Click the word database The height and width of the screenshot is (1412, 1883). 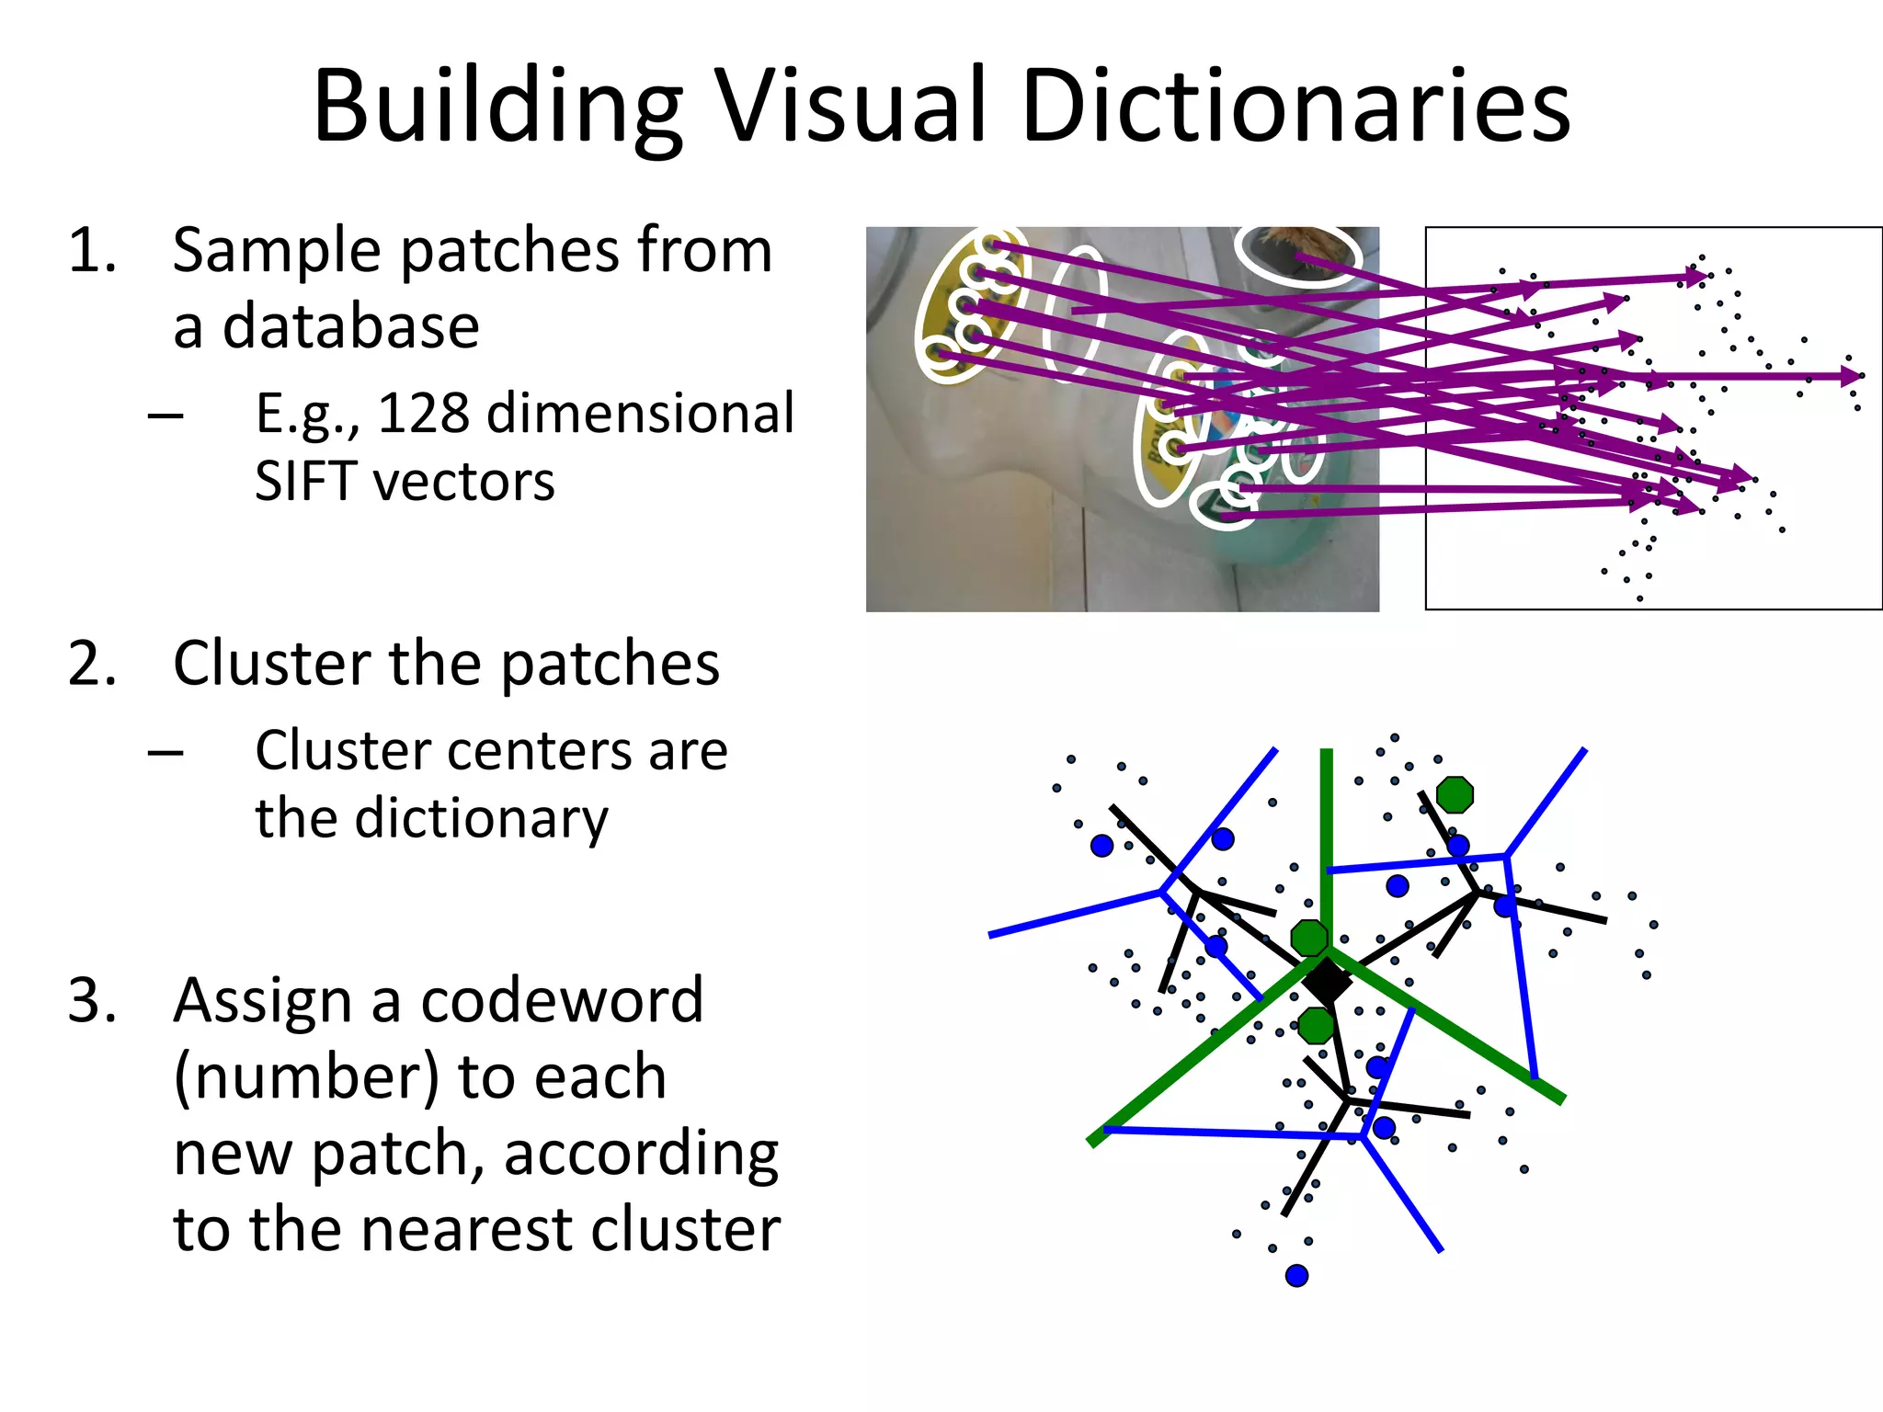[x=349, y=327]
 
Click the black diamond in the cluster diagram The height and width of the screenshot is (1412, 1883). [x=1327, y=981]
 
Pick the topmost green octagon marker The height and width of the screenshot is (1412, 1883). [x=1455, y=794]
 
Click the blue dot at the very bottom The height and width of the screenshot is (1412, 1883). [x=1296, y=1276]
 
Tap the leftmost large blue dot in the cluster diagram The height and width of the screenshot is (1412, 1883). [x=1101, y=846]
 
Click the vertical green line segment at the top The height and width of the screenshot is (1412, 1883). [x=1326, y=827]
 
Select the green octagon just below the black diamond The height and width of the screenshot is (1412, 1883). [x=1316, y=1024]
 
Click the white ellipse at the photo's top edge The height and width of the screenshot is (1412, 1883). [x=1298, y=252]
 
